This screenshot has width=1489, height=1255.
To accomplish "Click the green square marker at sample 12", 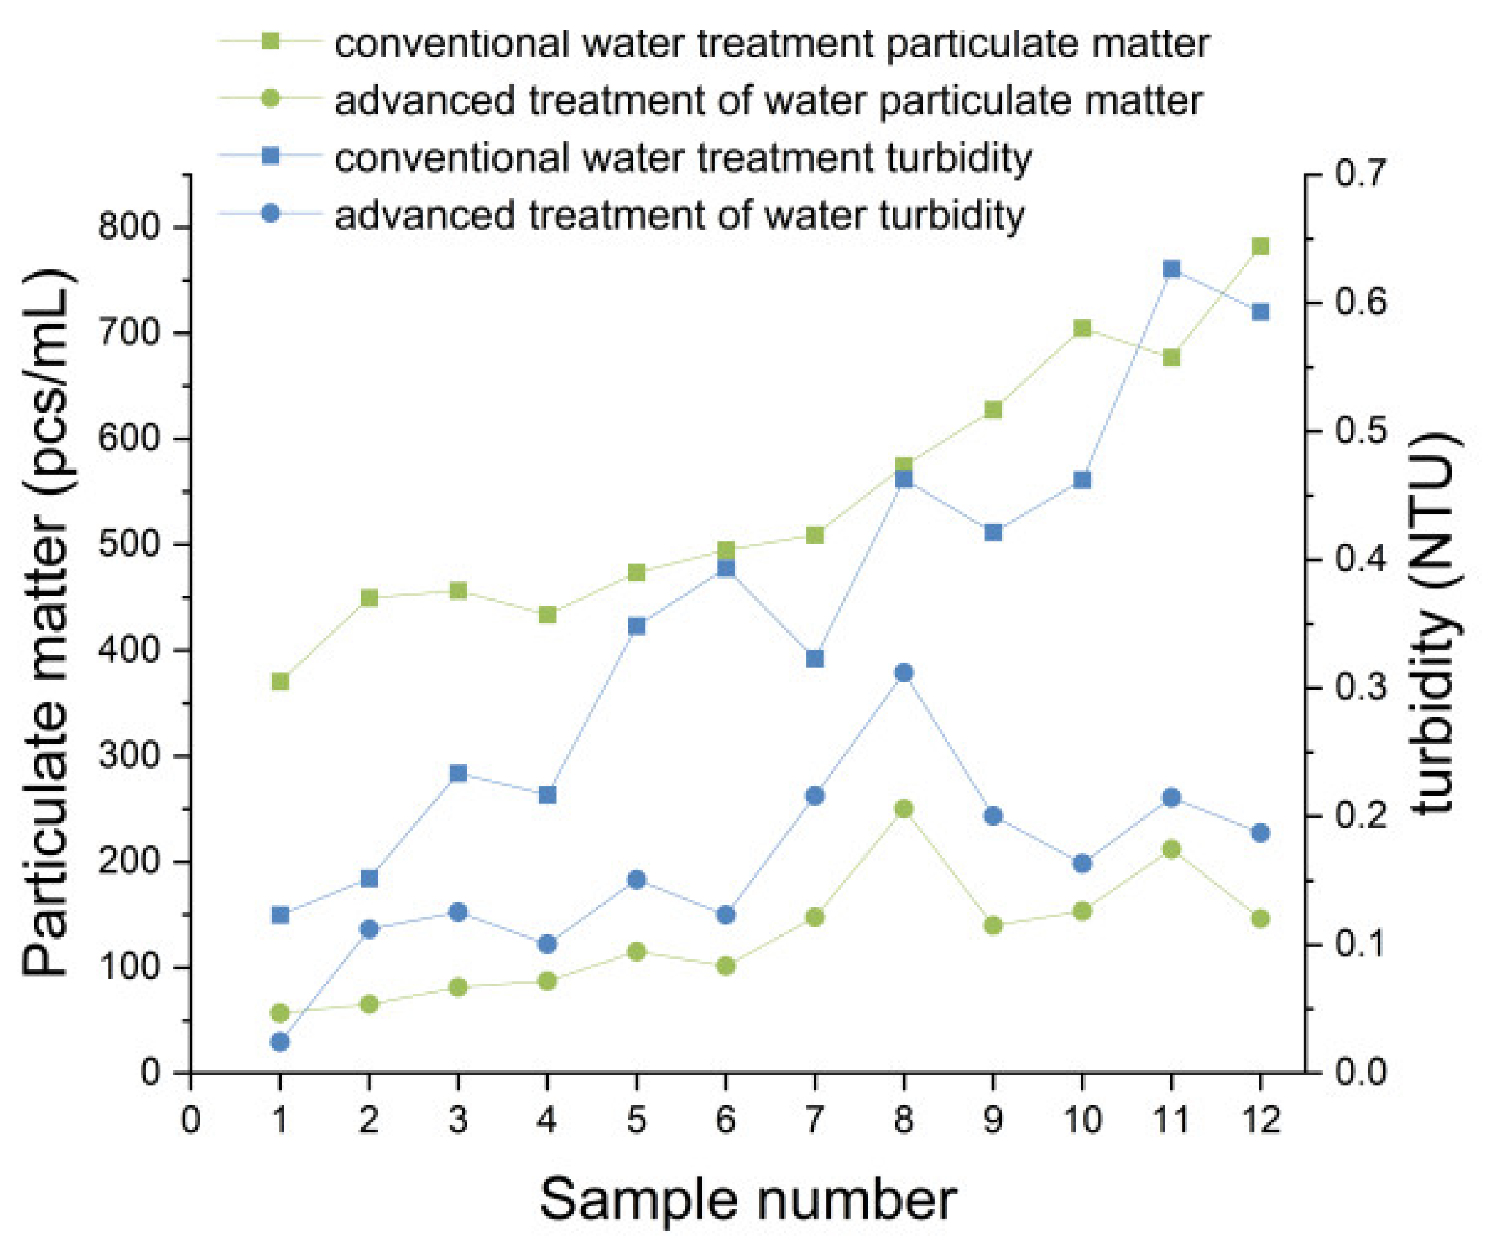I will point(1260,246).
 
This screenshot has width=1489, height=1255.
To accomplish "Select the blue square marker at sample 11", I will point(1171,269).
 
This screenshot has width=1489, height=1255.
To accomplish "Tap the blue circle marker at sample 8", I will point(903,672).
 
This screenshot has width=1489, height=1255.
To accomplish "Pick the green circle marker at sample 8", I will point(903,809).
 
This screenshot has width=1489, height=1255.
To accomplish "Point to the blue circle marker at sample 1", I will point(280,1042).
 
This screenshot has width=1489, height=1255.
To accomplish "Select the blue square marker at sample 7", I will point(814,659).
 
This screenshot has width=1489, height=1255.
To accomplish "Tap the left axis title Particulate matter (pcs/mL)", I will point(46,625).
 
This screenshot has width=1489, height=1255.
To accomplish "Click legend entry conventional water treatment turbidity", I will point(682,157).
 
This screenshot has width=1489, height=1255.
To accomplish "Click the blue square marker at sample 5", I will point(637,626).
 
